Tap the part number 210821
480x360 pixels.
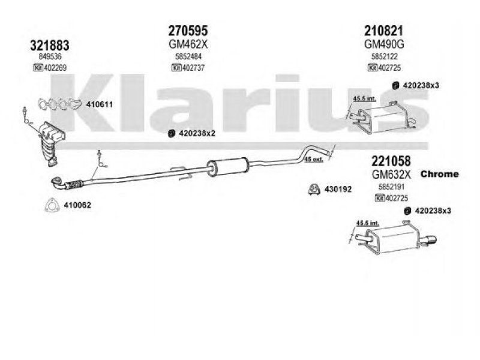pos(383,29)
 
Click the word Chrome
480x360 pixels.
pos(438,174)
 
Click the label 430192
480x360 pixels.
pos(338,189)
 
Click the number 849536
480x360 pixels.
pos(49,58)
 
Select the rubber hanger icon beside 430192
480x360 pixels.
pos(313,190)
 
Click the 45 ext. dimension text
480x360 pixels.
pos(314,159)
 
